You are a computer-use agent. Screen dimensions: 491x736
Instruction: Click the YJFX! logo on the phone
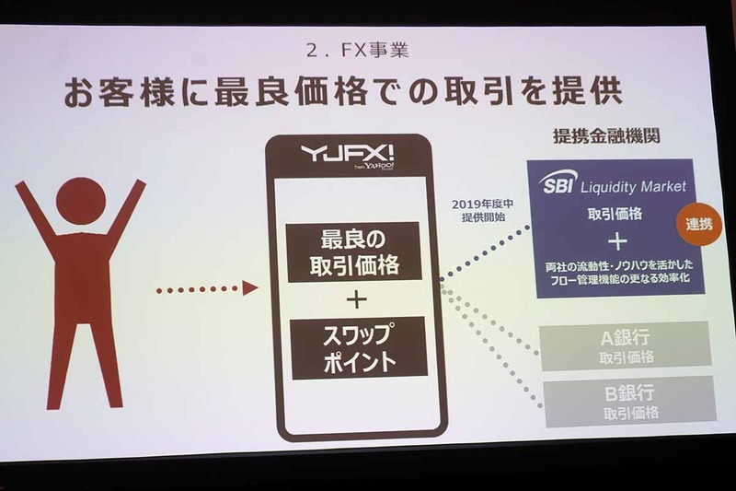pyautogui.click(x=346, y=158)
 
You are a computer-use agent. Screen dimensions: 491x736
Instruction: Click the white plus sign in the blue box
pyautogui.click(x=617, y=241)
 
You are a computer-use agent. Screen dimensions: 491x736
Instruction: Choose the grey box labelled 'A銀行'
pyautogui.click(x=626, y=345)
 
